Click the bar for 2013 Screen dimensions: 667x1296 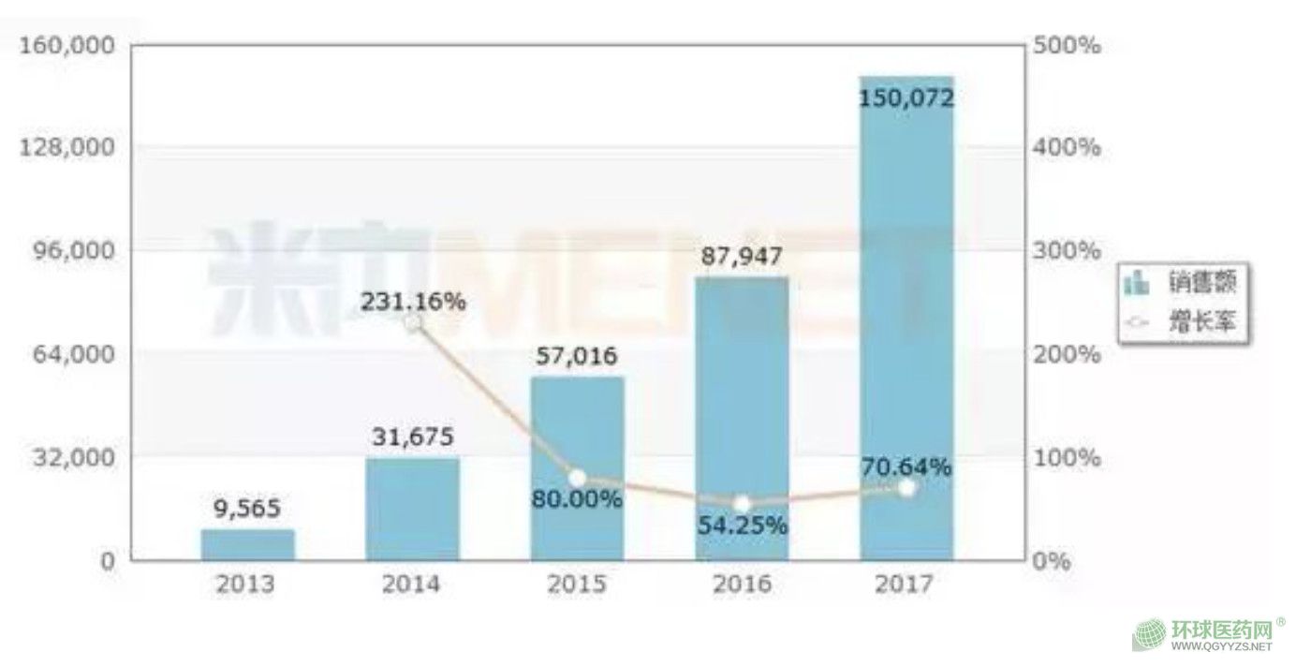pyautogui.click(x=247, y=545)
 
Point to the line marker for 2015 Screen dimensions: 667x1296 pyautogui.click(x=577, y=479)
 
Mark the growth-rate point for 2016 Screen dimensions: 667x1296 pyautogui.click(x=742, y=505)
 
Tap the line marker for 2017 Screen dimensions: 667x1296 pyautogui.click(x=906, y=488)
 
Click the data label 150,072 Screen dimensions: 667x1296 pyautogui.click(x=906, y=97)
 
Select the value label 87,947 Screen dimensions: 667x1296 pyautogui.click(x=742, y=255)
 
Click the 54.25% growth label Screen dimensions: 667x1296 pyautogui.click(x=742, y=526)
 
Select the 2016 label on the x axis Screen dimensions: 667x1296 pyautogui.click(x=742, y=585)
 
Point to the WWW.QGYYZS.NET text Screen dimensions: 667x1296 pyautogui.click(x=1222, y=646)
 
